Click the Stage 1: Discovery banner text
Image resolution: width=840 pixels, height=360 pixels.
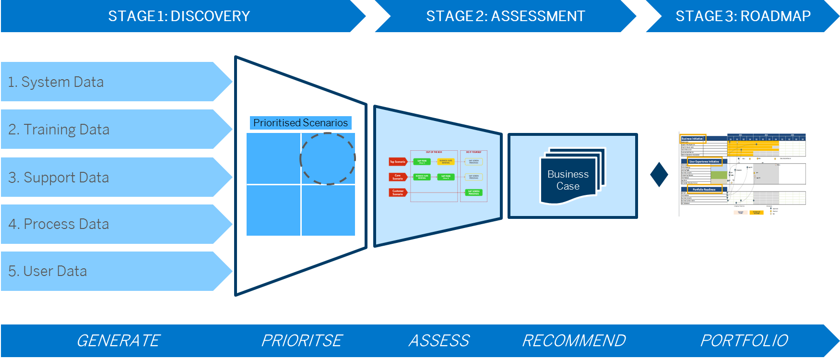pos(179,16)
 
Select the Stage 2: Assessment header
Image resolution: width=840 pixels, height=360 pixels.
pos(505,16)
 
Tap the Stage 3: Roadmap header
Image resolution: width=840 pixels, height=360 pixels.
pos(743,16)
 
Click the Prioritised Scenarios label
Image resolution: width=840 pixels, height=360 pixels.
pos(300,123)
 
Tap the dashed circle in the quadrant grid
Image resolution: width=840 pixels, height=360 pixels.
pos(328,158)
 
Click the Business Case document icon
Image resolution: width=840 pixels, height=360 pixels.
pos(571,178)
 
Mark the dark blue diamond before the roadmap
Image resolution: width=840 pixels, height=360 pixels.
pos(659,174)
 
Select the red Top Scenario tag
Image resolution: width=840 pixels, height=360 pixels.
pos(398,162)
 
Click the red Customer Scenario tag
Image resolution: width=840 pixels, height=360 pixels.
pos(398,192)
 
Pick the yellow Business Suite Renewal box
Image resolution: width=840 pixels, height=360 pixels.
pos(446,162)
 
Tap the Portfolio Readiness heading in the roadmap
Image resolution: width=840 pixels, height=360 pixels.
pos(704,190)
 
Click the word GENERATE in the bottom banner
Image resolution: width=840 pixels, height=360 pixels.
pos(118,340)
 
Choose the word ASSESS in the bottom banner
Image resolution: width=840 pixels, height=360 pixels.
pos(439,340)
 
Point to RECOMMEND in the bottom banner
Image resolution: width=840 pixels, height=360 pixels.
pos(574,340)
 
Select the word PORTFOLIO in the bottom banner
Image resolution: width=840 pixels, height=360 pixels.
pos(744,340)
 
